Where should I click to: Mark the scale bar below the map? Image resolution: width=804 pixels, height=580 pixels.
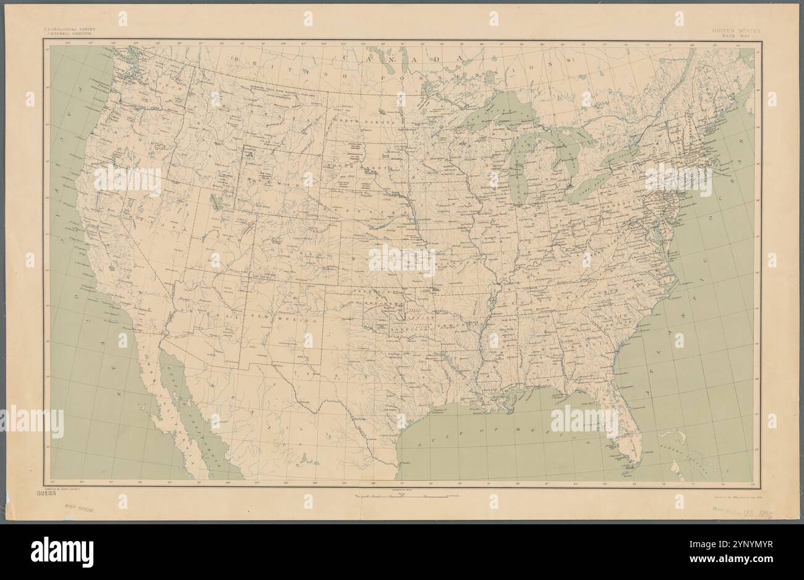402,496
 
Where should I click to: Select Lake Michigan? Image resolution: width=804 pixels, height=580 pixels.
521,167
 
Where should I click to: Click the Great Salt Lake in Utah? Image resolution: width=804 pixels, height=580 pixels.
213,201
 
